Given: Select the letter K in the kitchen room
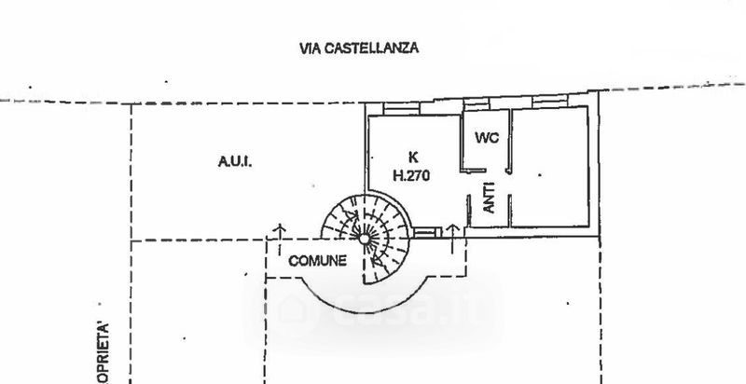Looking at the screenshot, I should click(411, 156).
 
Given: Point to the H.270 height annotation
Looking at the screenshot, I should click(410, 173).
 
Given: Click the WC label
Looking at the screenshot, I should click(487, 138).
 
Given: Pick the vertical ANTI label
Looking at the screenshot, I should click(488, 199).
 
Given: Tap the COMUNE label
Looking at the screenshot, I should click(317, 260).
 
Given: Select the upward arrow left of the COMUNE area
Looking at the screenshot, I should click(277, 228).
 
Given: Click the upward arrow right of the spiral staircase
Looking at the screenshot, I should click(451, 229).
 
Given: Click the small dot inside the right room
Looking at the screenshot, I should click(538, 174).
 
